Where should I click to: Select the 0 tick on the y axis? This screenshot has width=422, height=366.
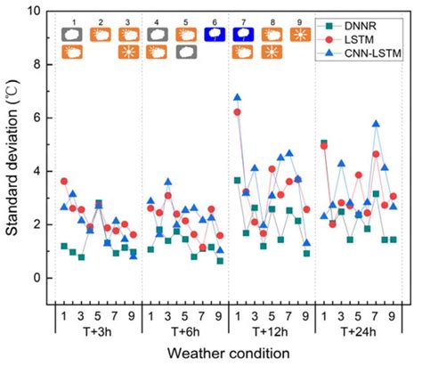pos(37,278)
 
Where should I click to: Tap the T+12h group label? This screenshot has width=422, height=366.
pos(272,331)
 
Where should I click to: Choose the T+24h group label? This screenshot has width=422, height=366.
pos(358,331)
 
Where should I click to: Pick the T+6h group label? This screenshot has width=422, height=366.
pos(184,331)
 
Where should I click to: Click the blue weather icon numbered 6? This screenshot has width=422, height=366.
pos(214,35)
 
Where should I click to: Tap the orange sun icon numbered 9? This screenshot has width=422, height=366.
pos(300,35)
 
